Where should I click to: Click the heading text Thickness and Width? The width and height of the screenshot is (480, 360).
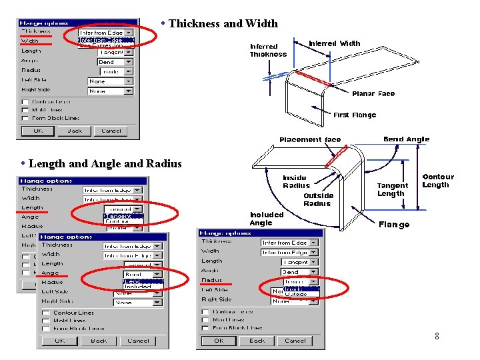click(223, 24)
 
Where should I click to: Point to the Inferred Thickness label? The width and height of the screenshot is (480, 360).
click(268, 51)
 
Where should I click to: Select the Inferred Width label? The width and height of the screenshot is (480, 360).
click(334, 44)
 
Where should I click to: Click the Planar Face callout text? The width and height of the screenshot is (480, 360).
click(373, 94)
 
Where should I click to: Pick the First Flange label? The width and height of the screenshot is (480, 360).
click(355, 115)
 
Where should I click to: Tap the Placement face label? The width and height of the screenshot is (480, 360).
click(310, 139)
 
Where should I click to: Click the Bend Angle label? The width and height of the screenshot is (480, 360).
click(406, 139)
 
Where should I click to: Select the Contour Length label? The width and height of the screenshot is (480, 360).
click(437, 181)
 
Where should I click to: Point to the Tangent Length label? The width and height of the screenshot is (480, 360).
click(392, 189)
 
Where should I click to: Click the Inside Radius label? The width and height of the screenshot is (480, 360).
click(295, 181)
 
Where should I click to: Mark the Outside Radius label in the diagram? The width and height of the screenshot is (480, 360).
click(318, 199)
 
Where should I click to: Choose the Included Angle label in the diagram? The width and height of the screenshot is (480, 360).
click(267, 219)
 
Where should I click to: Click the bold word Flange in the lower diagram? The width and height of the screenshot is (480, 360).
click(394, 225)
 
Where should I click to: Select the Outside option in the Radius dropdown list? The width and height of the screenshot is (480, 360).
click(297, 294)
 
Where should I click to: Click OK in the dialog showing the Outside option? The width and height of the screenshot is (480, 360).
click(219, 341)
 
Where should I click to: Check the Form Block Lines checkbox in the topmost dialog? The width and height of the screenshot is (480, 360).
click(25, 118)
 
